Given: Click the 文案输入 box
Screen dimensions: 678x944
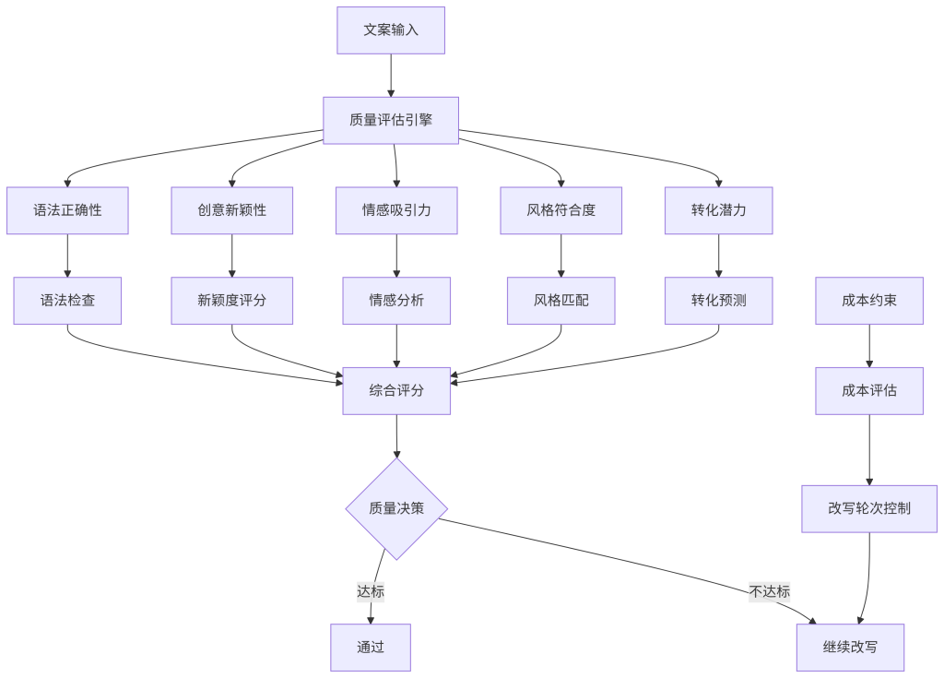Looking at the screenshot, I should coord(391,30).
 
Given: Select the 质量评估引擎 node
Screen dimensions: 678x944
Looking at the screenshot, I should coord(391,120).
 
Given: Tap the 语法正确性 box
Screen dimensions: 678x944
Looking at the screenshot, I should coord(67,210).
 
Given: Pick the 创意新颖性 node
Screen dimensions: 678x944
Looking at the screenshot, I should coord(231,210).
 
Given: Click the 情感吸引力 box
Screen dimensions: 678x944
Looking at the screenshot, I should coord(396,210).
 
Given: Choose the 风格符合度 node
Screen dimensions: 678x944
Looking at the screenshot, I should coord(560,210).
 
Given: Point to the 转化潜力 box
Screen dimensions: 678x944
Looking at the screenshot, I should coord(718,210).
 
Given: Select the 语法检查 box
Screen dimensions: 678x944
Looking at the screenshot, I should coord(67,301).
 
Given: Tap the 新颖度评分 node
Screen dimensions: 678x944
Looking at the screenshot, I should coord(231,301).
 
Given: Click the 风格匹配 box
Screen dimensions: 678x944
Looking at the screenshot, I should coord(560,301).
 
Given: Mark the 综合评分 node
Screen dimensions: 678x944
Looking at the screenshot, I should coord(396,391).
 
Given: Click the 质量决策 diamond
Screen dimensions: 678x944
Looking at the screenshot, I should coord(396,508).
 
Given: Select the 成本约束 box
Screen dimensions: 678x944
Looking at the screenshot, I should coord(869,301).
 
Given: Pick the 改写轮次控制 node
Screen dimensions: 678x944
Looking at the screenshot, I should coord(869,508).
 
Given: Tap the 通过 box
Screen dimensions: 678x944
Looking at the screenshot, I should coord(371,647).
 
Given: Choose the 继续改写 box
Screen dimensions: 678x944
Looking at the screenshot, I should coord(850,647).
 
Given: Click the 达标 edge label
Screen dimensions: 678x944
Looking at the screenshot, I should coord(371,591).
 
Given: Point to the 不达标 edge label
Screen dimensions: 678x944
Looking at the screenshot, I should coord(770,591).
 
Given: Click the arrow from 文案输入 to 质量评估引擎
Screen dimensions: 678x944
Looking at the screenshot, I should coord(391,75).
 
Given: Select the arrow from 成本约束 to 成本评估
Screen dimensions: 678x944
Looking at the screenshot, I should coord(869,346).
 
